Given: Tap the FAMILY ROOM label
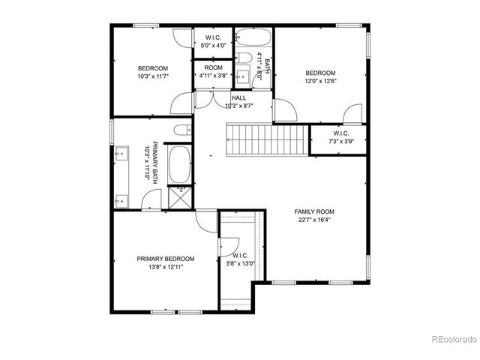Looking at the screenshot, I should pyautogui.click(x=313, y=211).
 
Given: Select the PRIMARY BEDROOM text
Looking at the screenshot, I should pyautogui.click(x=166, y=259).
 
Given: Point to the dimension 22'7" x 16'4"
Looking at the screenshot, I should pyautogui.click(x=313, y=220).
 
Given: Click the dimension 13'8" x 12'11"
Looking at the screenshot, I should pyautogui.click(x=166, y=266).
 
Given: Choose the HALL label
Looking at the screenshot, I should pyautogui.click(x=238, y=98).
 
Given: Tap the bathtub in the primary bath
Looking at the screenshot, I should pyautogui.click(x=179, y=164).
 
